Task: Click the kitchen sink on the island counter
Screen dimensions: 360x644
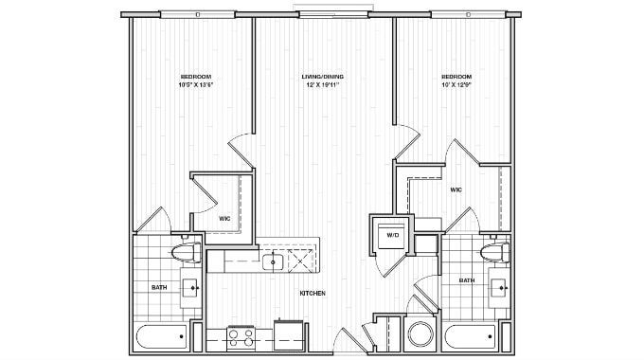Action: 275,261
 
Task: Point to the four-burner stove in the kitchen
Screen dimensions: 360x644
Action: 241,335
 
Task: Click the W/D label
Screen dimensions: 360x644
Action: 391,235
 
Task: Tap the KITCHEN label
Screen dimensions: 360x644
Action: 313,294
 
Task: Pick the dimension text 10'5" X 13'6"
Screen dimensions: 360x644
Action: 195,85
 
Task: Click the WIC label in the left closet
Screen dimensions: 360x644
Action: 224,219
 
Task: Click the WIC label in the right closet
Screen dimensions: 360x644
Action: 456,189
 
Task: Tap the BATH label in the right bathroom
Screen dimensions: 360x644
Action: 467,280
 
